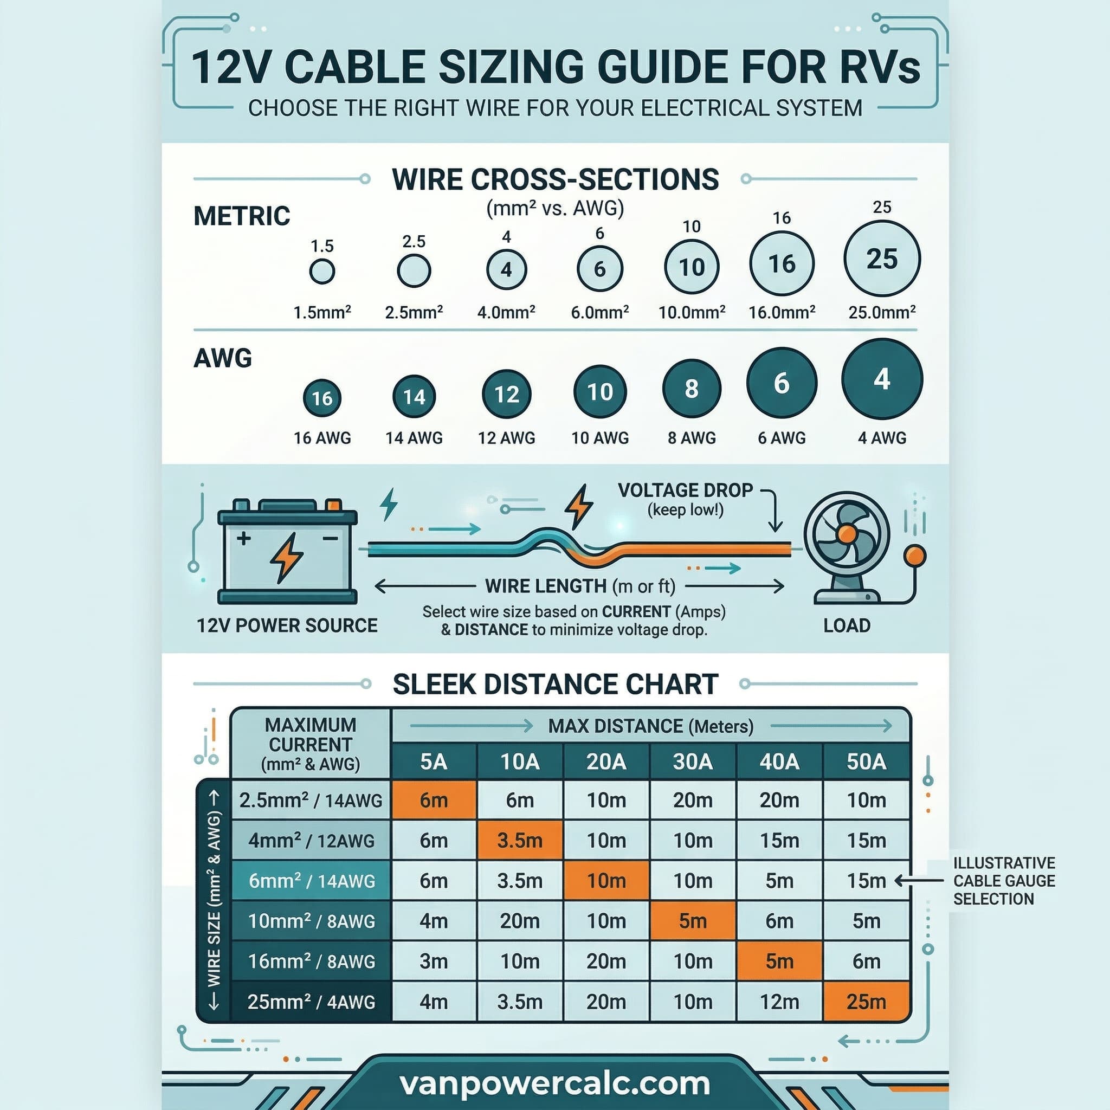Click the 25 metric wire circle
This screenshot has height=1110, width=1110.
tap(881, 259)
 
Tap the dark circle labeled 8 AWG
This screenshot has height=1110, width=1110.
tap(691, 389)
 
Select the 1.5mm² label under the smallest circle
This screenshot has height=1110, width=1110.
tap(322, 313)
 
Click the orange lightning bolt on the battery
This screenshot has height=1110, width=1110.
tap(286, 557)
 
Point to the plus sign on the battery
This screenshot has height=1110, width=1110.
tap(243, 538)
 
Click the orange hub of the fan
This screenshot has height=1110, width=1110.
tap(847, 534)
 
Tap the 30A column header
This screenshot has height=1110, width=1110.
tap(692, 762)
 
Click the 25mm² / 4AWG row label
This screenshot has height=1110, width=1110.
tap(311, 1002)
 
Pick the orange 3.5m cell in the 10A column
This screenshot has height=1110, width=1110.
tap(519, 841)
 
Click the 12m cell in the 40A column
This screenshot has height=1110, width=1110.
tap(779, 1002)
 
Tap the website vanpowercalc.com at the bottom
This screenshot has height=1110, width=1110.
tap(554, 1083)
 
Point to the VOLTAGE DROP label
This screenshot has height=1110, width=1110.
tap(685, 490)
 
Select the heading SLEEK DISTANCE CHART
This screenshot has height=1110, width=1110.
tap(555, 685)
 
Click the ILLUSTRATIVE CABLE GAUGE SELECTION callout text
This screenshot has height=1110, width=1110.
tap(1004, 881)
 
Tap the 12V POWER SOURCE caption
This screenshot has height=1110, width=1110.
tap(287, 625)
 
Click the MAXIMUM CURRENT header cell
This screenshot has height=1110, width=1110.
tap(310, 744)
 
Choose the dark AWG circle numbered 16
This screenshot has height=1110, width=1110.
tap(322, 398)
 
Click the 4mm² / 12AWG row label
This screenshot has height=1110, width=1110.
tap(311, 841)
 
